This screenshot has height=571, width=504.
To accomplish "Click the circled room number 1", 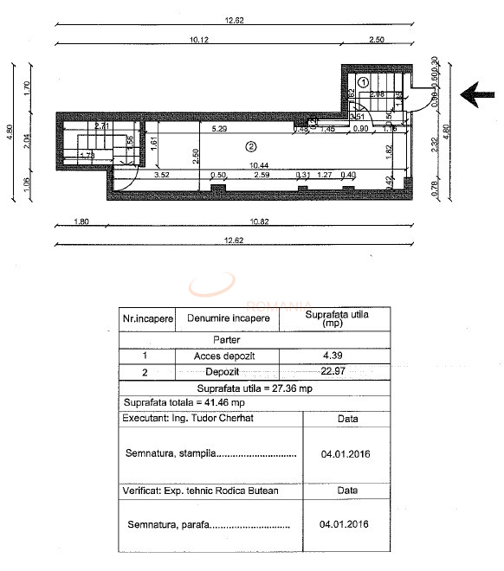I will click(364, 80).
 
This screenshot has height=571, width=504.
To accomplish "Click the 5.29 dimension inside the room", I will click(219, 129).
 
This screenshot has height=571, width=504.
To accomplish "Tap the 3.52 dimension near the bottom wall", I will click(161, 176).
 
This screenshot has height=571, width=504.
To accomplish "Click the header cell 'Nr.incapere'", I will click(148, 318).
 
